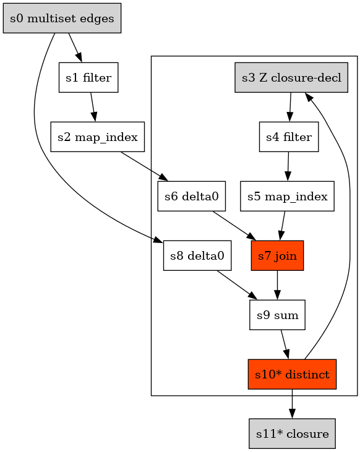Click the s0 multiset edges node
tap(62, 18)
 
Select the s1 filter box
tap(88, 78)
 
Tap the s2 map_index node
tap(97, 137)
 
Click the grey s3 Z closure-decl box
tap(292, 78)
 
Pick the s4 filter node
tap(288, 137)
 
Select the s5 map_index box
tap(287, 197)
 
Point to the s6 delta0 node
tap(192, 197)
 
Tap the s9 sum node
tap(278, 315)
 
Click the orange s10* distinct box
tap(292, 374)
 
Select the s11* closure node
tap(292, 433)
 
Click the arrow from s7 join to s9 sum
tap(277, 285)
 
